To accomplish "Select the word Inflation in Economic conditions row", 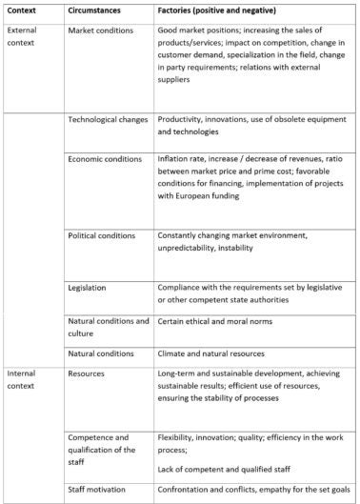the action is click(175, 161).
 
